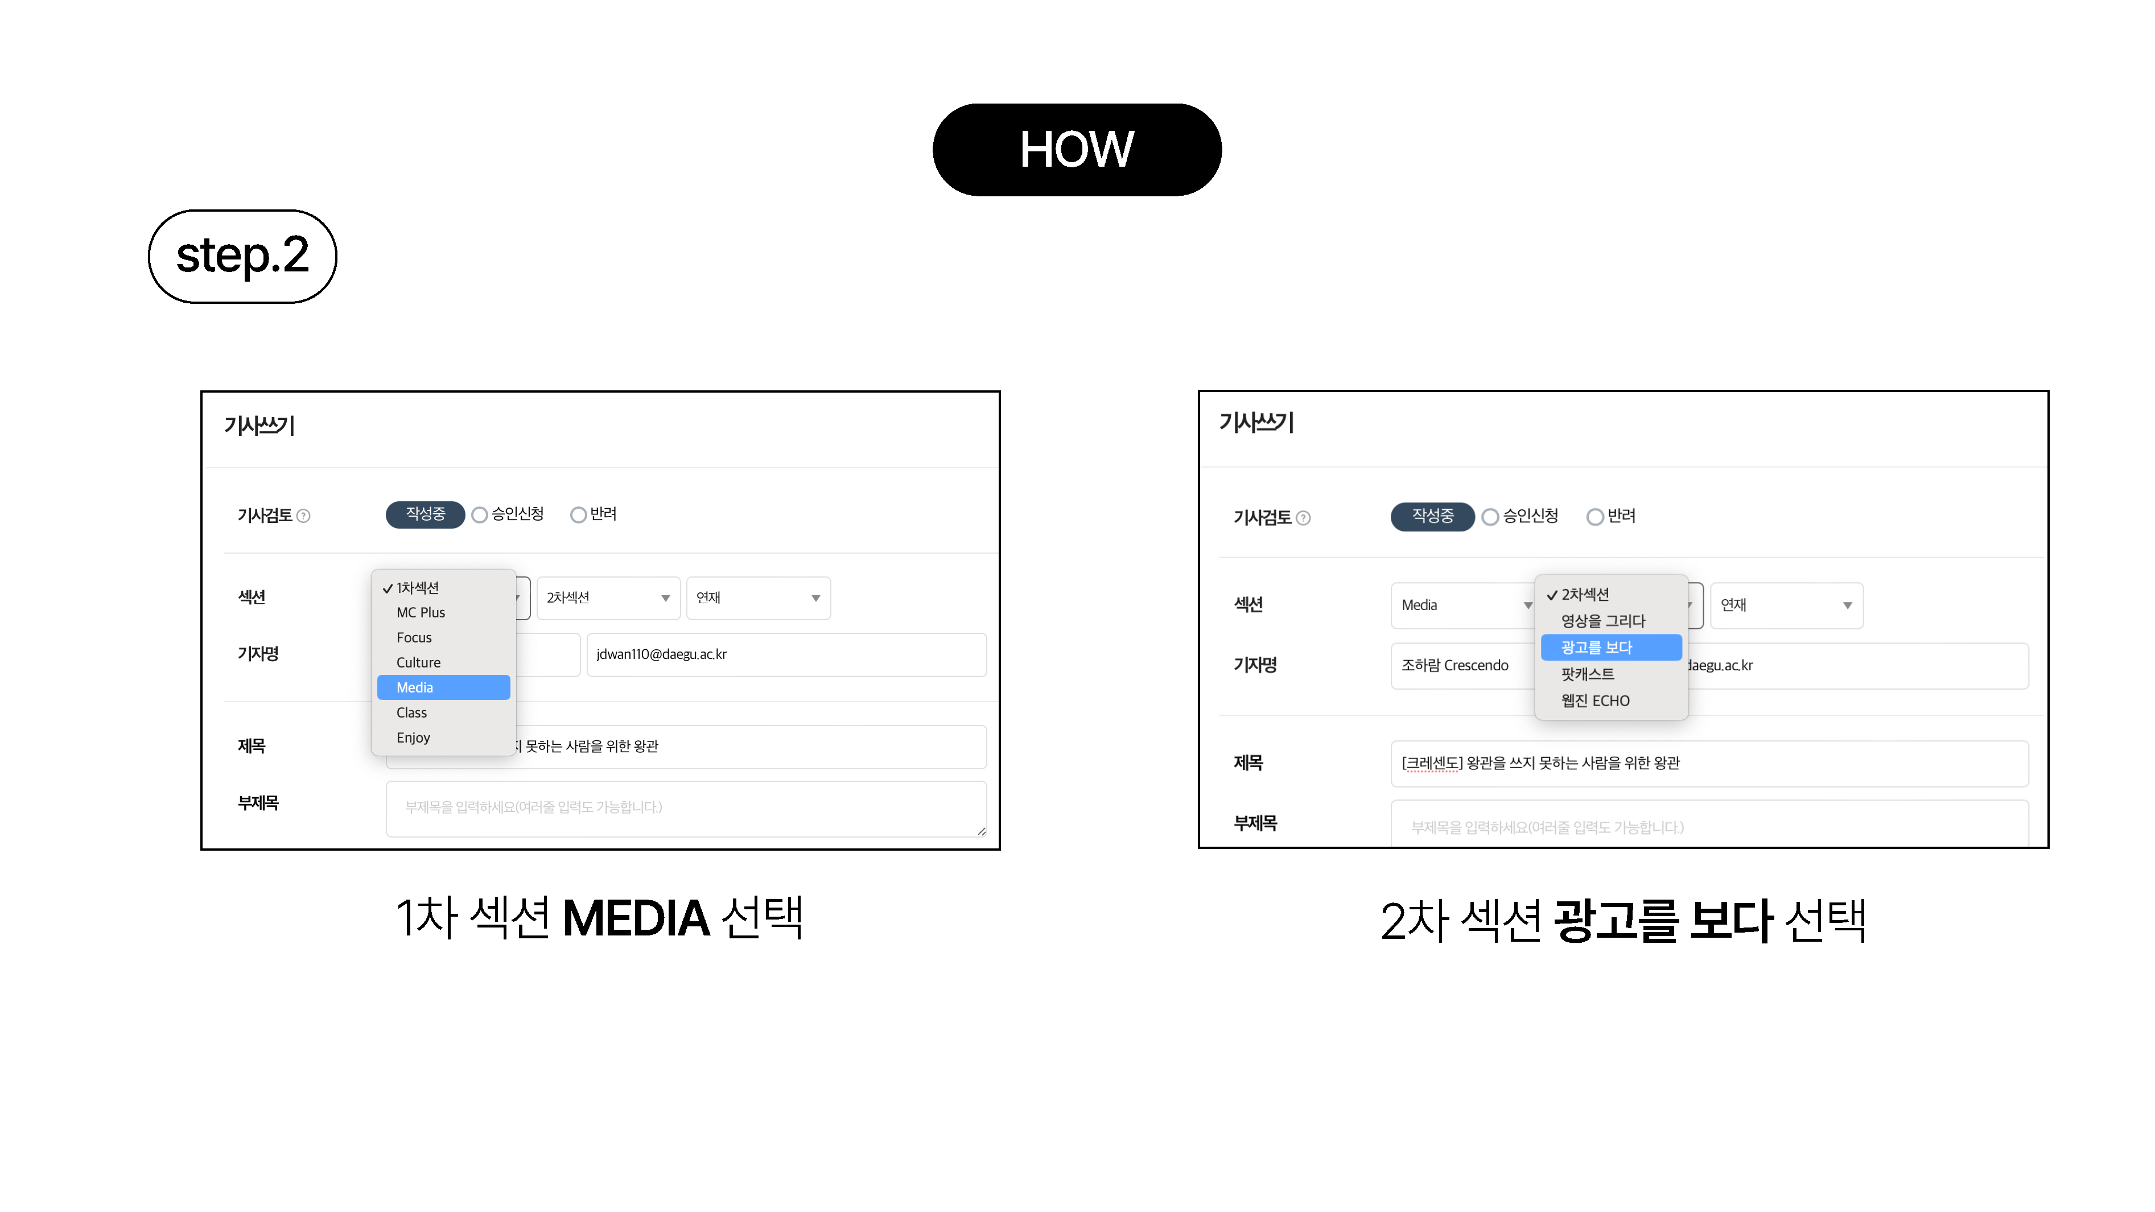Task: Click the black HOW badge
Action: point(1077,150)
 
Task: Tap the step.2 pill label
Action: point(242,256)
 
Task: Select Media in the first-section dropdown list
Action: point(443,687)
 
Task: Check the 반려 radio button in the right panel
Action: point(1595,517)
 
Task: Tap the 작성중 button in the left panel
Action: point(425,514)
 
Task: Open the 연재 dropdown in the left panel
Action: point(758,598)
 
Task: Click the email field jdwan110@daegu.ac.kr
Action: point(786,654)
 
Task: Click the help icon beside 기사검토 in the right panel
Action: point(1303,518)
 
